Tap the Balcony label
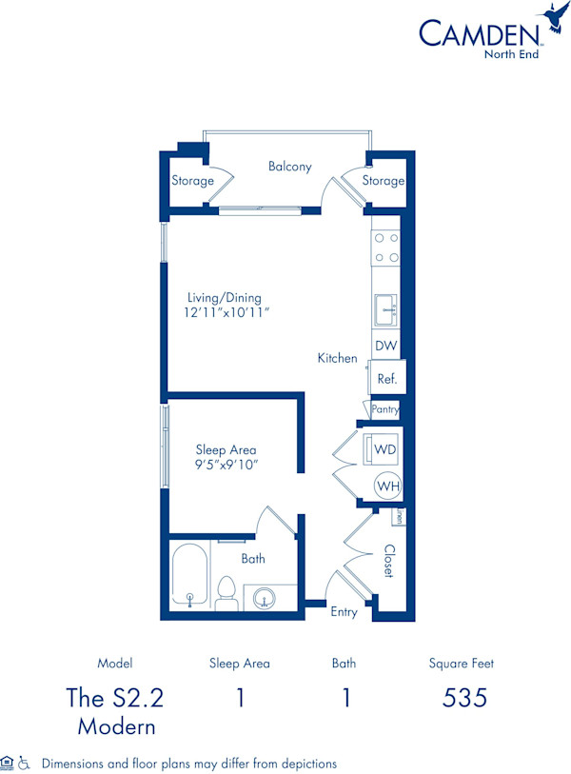click(289, 167)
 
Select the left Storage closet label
click(191, 180)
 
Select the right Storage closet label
click(384, 181)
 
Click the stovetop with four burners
click(385, 248)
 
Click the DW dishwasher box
click(385, 346)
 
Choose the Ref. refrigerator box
click(387, 378)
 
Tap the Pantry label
click(385, 409)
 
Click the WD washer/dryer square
click(385, 447)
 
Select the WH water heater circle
click(386, 486)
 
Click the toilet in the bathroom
click(226, 593)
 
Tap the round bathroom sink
click(263, 598)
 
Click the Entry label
click(344, 612)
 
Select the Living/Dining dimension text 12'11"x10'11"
click(225, 313)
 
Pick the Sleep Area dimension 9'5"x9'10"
click(226, 465)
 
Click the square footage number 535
click(464, 698)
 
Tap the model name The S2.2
click(114, 698)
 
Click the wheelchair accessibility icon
click(25, 763)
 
